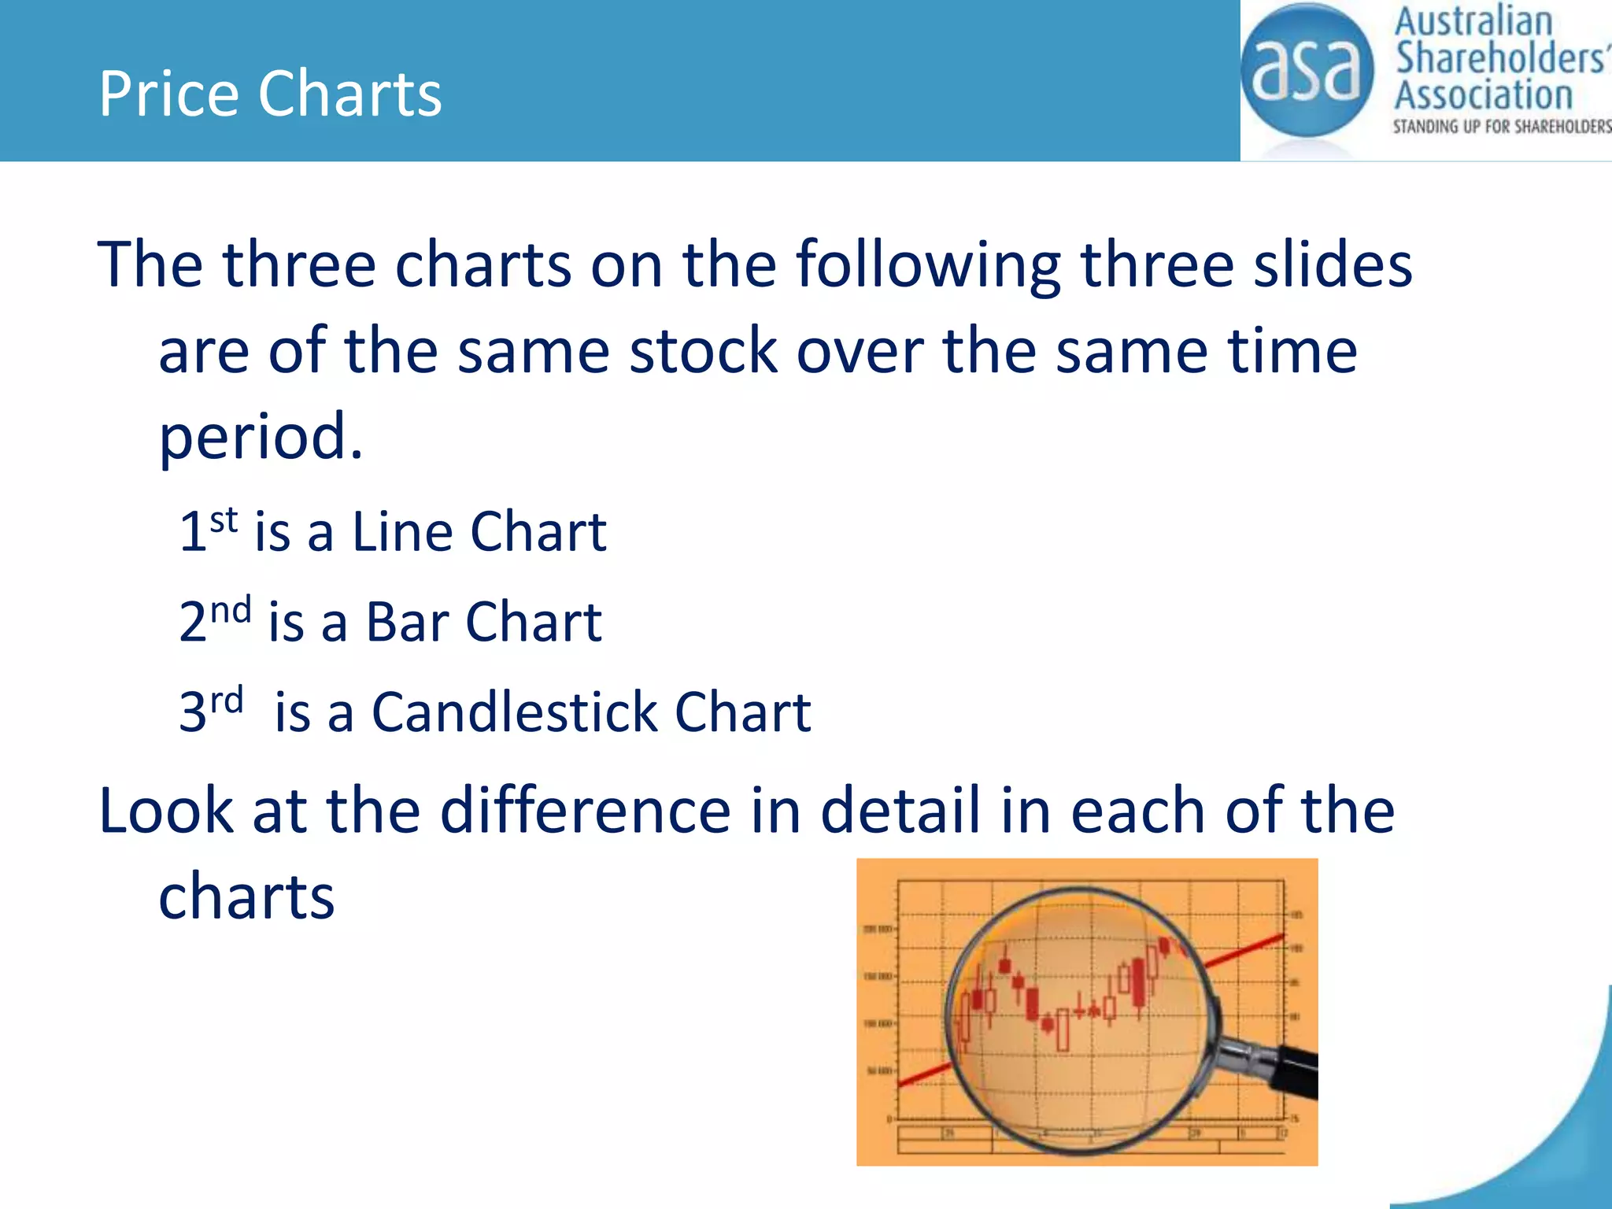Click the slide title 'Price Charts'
[270, 94]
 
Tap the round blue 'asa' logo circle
[1307, 71]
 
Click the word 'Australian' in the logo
[1473, 21]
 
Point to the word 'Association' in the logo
[1484, 95]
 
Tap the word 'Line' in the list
[401, 531]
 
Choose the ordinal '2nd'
[214, 619]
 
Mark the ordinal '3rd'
[211, 710]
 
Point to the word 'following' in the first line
[928, 264]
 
